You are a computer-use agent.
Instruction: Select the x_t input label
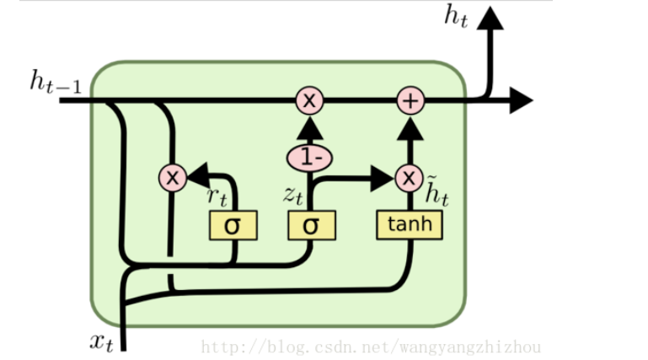101,341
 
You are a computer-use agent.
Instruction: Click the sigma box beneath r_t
233,225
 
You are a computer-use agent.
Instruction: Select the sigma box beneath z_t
311,225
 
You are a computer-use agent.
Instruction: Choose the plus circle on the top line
410,101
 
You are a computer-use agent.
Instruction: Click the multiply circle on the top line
309,101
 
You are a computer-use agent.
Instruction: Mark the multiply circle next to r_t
173,178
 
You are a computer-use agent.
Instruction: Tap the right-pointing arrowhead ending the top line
520,101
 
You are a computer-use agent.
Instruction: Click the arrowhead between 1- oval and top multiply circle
309,128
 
